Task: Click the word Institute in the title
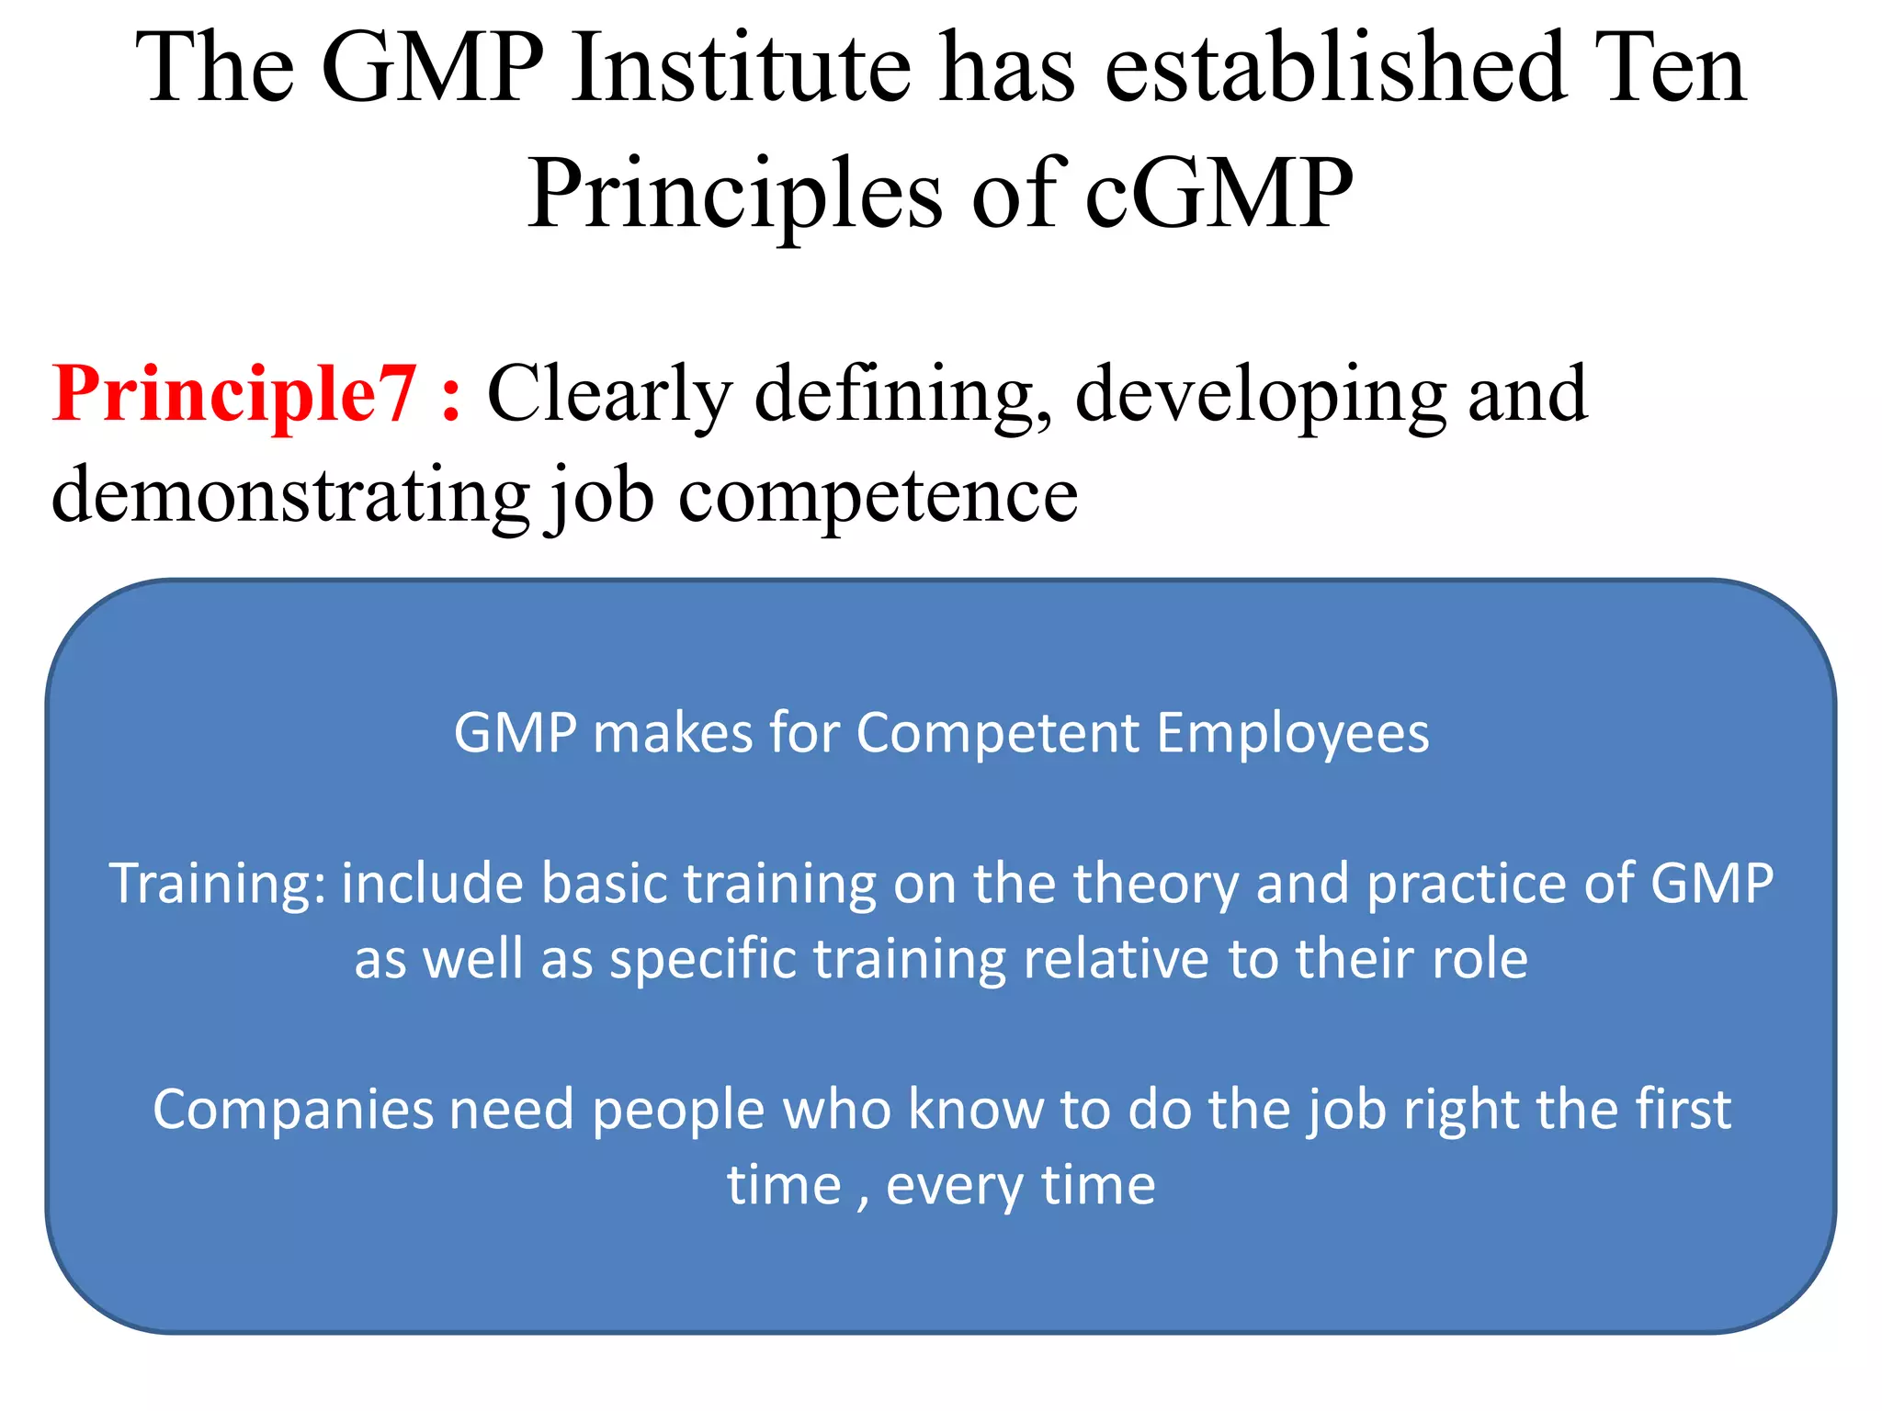741,69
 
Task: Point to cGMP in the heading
1219,195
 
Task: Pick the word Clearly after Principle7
609,395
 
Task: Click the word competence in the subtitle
878,496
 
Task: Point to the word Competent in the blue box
998,734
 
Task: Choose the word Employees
1292,734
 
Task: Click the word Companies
292,1110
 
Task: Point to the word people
678,1110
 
